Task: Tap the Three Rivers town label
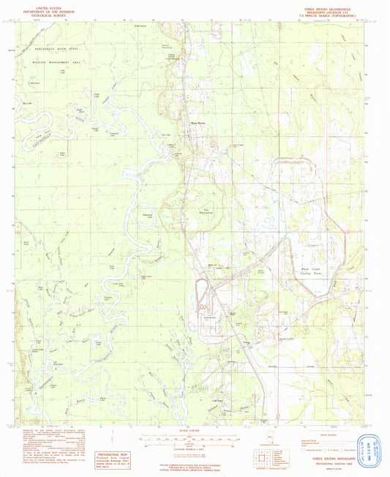pyautogui.click(x=198, y=123)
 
